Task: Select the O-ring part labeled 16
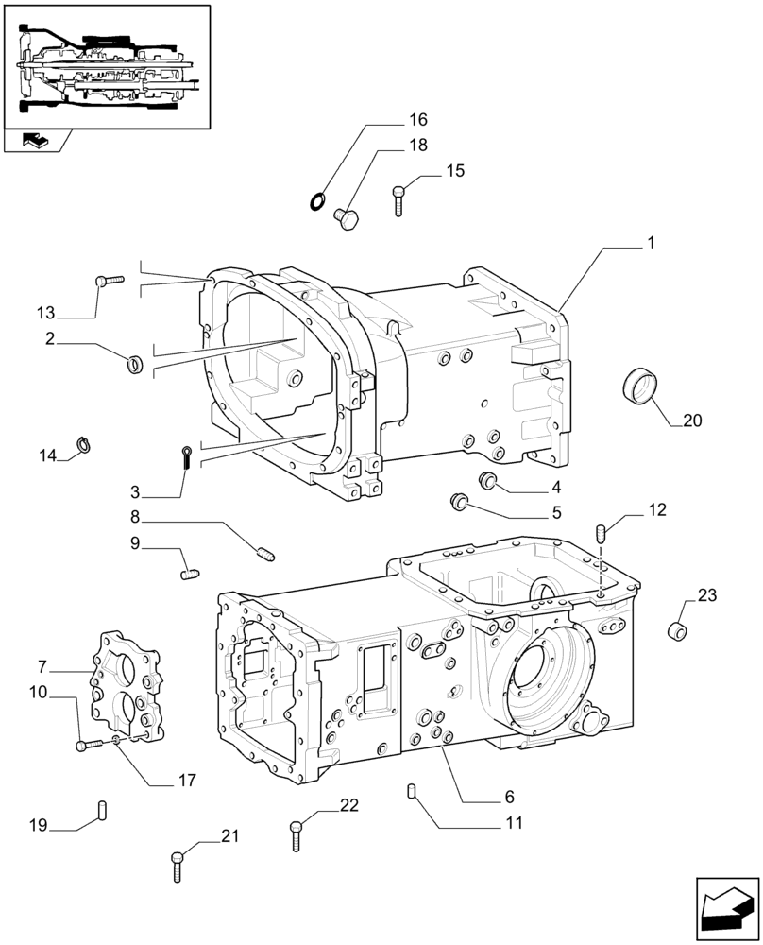(x=318, y=199)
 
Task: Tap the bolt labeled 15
(x=400, y=200)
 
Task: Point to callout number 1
(x=651, y=243)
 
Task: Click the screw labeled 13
(x=110, y=280)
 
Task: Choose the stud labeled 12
(x=601, y=534)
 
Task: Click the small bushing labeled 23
(x=675, y=631)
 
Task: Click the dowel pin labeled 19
(x=103, y=811)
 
